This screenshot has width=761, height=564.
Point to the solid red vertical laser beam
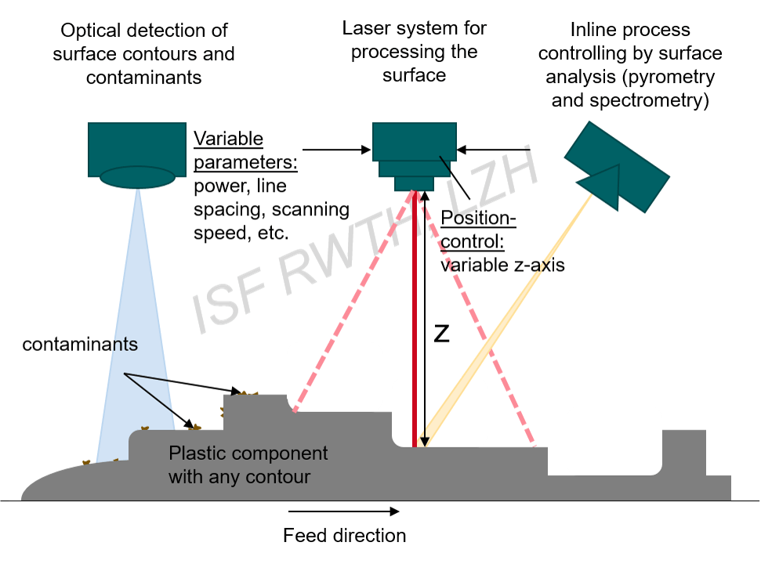[415, 313]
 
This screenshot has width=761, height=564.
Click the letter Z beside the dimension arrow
[441, 334]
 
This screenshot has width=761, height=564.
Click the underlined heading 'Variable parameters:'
[227, 149]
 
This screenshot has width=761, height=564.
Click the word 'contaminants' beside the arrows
[80, 344]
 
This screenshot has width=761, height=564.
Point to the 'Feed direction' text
[344, 536]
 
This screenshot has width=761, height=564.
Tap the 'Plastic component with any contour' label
[248, 465]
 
